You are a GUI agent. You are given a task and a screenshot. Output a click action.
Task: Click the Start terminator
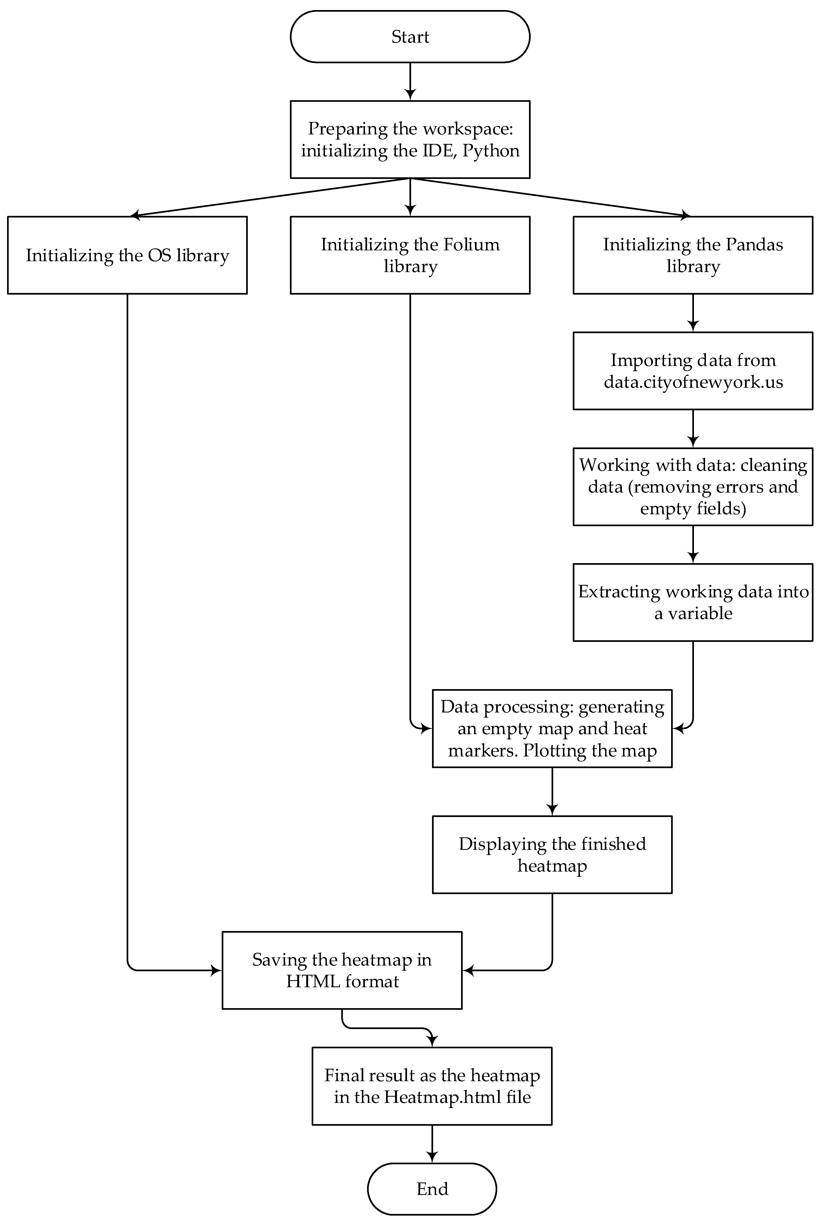[x=410, y=37]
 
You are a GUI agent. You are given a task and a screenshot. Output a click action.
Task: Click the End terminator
[x=432, y=1188]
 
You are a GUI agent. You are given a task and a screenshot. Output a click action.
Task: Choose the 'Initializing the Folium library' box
[x=410, y=255]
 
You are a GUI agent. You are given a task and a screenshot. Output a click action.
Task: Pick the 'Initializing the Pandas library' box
[x=693, y=255]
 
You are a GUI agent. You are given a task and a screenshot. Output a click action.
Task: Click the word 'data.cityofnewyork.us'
[x=693, y=382]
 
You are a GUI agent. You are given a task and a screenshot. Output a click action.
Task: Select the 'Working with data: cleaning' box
[x=693, y=487]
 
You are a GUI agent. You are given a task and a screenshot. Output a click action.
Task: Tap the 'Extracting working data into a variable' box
[x=693, y=602]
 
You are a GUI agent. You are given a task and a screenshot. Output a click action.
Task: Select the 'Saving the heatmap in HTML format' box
[x=342, y=970]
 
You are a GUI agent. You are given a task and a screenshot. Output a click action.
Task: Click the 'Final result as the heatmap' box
[x=432, y=1086]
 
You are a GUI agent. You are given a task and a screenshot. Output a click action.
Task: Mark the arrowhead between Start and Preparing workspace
[x=410, y=94]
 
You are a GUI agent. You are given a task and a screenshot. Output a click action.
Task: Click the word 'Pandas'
[x=755, y=244]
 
